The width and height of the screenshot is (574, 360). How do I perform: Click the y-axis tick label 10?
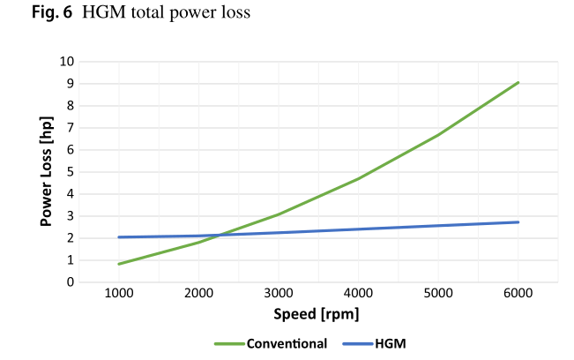(66, 62)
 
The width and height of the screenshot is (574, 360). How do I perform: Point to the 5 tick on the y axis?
(69, 172)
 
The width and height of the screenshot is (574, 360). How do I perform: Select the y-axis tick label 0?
(69, 282)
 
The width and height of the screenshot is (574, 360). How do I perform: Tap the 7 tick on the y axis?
(69, 128)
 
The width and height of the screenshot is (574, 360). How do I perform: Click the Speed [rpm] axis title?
(318, 313)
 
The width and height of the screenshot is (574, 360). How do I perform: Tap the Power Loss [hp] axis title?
(47, 172)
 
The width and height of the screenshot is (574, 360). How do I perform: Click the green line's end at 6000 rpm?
(518, 82)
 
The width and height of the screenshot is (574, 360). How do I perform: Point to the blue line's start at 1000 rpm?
(118, 237)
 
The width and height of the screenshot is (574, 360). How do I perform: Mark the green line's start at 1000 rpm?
(118, 264)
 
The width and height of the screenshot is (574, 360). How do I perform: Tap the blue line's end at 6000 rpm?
(518, 222)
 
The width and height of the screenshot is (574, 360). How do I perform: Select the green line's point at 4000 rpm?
(358, 178)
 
